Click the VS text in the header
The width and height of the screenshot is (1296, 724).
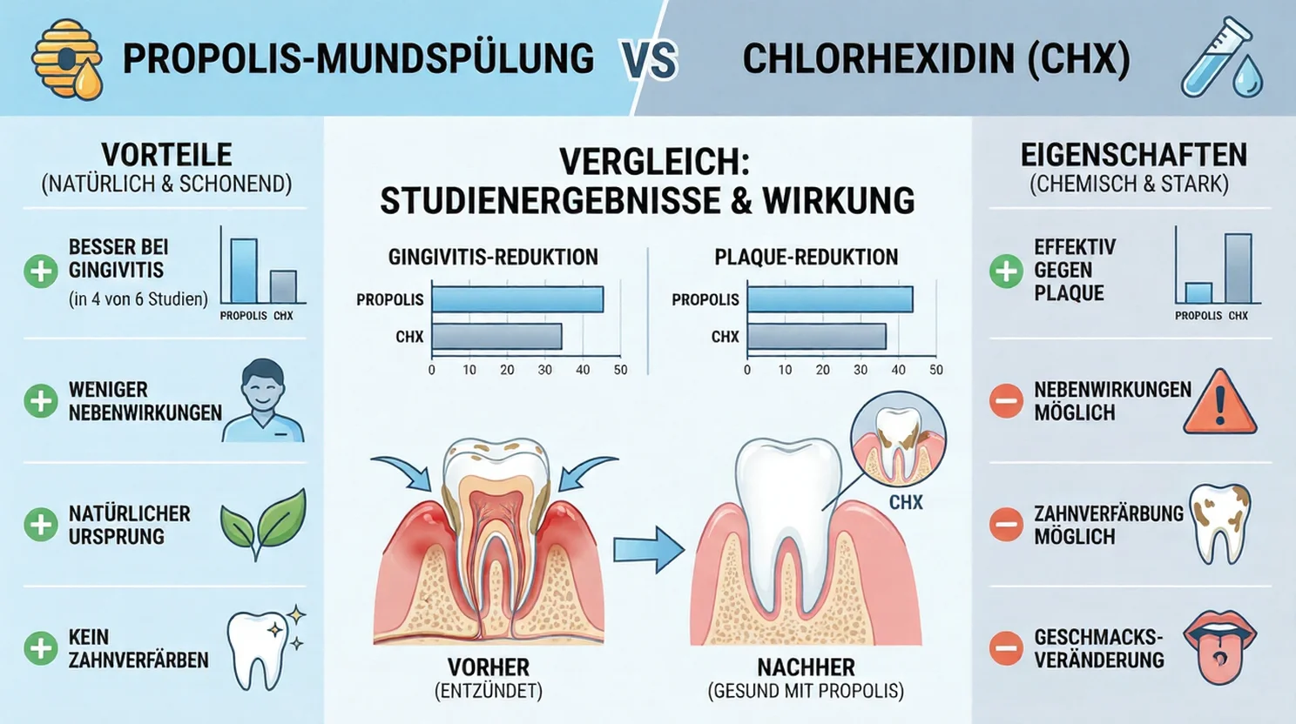(x=650, y=59)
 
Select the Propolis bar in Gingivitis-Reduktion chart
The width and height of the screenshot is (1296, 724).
(x=517, y=299)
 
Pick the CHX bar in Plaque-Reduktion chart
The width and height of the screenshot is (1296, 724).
(x=816, y=337)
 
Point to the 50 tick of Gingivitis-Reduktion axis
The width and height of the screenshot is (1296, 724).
(x=620, y=370)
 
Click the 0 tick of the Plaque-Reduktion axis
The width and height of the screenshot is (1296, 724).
(x=747, y=370)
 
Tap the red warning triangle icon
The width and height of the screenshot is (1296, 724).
(x=1219, y=403)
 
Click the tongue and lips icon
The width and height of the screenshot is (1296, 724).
(x=1223, y=647)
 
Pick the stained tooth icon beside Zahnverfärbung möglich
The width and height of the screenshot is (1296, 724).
(x=1219, y=523)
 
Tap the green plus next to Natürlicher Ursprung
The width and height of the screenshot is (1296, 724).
(x=40, y=525)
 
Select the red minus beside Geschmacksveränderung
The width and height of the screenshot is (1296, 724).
(x=1005, y=648)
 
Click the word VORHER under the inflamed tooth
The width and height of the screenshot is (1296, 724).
(x=488, y=667)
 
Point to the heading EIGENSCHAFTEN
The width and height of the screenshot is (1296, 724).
(x=1133, y=155)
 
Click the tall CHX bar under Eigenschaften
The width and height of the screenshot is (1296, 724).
(x=1238, y=269)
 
